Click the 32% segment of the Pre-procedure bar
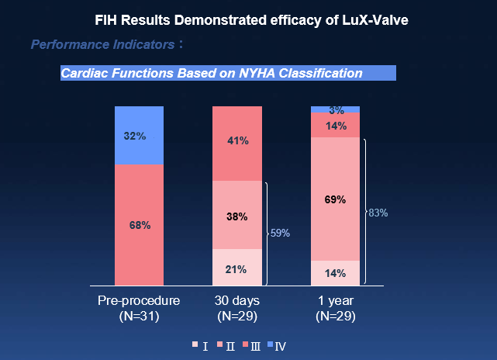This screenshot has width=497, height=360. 139,136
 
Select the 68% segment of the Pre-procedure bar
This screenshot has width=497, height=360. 139,225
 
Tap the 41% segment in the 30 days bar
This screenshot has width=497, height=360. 237,141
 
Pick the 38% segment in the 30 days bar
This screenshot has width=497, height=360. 237,216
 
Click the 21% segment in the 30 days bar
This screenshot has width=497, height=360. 237,269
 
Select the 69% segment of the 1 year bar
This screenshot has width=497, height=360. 336,199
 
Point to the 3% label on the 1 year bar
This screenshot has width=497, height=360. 336,110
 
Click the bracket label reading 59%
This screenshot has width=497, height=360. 280,233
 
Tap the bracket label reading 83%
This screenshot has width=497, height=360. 378,212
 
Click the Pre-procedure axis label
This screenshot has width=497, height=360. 139,301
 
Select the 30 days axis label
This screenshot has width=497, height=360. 237,301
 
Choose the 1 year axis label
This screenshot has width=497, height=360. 336,301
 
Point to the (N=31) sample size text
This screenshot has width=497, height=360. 139,317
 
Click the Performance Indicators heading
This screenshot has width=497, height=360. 102,45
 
